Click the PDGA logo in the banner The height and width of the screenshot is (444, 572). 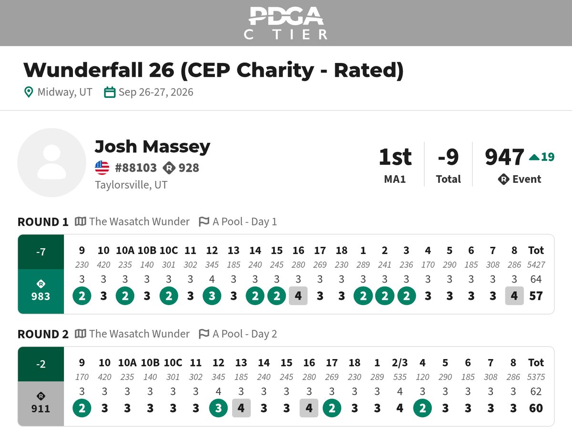point(286,23)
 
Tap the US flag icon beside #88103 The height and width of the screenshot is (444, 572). point(102,168)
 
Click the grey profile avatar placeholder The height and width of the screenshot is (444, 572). point(51,162)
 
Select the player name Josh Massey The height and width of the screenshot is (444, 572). point(153,147)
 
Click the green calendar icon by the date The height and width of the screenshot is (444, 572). point(110,92)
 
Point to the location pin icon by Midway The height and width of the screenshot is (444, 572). point(29,92)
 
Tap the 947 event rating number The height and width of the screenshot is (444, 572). point(504,157)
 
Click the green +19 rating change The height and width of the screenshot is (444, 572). point(541,157)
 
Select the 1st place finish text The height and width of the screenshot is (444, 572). point(395,157)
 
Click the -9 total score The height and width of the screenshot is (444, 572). point(448,157)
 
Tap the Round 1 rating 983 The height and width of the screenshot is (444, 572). point(41,296)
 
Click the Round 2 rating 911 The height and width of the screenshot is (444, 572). point(41,409)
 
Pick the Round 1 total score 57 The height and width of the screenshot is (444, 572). point(536,296)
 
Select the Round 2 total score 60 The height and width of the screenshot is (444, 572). point(536,408)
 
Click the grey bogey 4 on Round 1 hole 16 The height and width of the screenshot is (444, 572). point(298,296)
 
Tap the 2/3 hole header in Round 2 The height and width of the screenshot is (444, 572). point(399,363)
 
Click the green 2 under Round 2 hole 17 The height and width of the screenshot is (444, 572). point(332,408)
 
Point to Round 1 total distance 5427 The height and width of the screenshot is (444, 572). point(536,264)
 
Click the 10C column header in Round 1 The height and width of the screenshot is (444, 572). point(169,250)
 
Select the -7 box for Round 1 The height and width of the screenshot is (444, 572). point(41,252)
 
